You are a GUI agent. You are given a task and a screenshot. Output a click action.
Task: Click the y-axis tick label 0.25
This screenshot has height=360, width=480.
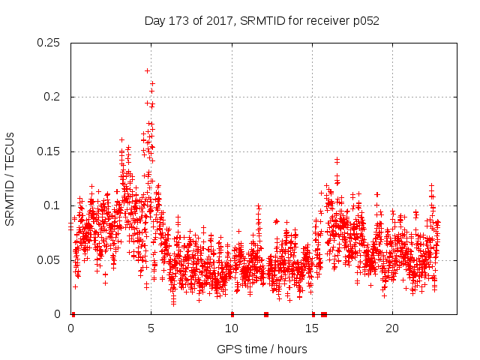[x=49, y=43]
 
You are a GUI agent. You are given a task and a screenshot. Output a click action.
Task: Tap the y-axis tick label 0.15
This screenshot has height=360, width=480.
[x=49, y=151]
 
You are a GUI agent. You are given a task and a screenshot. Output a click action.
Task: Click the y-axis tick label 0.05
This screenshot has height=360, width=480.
[x=49, y=260]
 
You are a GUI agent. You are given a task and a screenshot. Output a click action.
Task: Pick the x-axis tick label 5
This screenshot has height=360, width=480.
[x=151, y=328]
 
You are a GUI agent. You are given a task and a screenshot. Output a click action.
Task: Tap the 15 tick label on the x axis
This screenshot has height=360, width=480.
[x=311, y=328]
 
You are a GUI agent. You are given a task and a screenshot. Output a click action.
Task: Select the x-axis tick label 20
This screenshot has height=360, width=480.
[x=391, y=328]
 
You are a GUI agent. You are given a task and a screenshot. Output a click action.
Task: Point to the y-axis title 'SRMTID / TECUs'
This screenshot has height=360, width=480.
[x=10, y=179]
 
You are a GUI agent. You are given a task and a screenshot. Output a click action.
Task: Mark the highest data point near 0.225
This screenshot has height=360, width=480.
[x=147, y=70]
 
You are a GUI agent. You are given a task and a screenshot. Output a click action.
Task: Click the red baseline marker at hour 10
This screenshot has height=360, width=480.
[x=232, y=314]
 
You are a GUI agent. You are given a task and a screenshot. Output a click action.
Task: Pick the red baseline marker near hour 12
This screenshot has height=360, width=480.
[x=266, y=314]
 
